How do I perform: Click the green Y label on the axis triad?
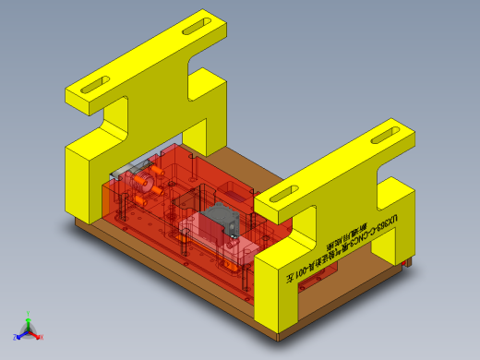pos(30,314)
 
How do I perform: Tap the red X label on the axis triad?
pos(42,337)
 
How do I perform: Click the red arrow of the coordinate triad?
pos(36,333)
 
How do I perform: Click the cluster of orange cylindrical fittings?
pos(143,180)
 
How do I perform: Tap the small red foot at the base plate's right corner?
pos(407,265)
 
